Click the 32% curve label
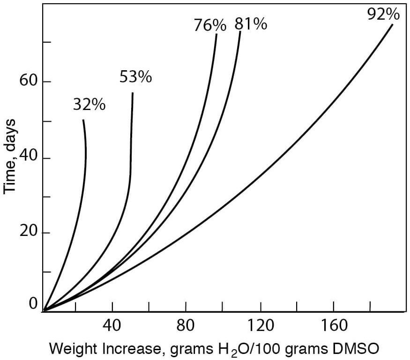89,105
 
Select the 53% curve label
135,77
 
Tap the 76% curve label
210,25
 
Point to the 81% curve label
251,24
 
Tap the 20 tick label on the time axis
28,233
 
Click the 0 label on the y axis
33,304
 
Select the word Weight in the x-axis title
69,349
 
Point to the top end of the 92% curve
392,24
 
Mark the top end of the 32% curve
83,120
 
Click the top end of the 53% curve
133,93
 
